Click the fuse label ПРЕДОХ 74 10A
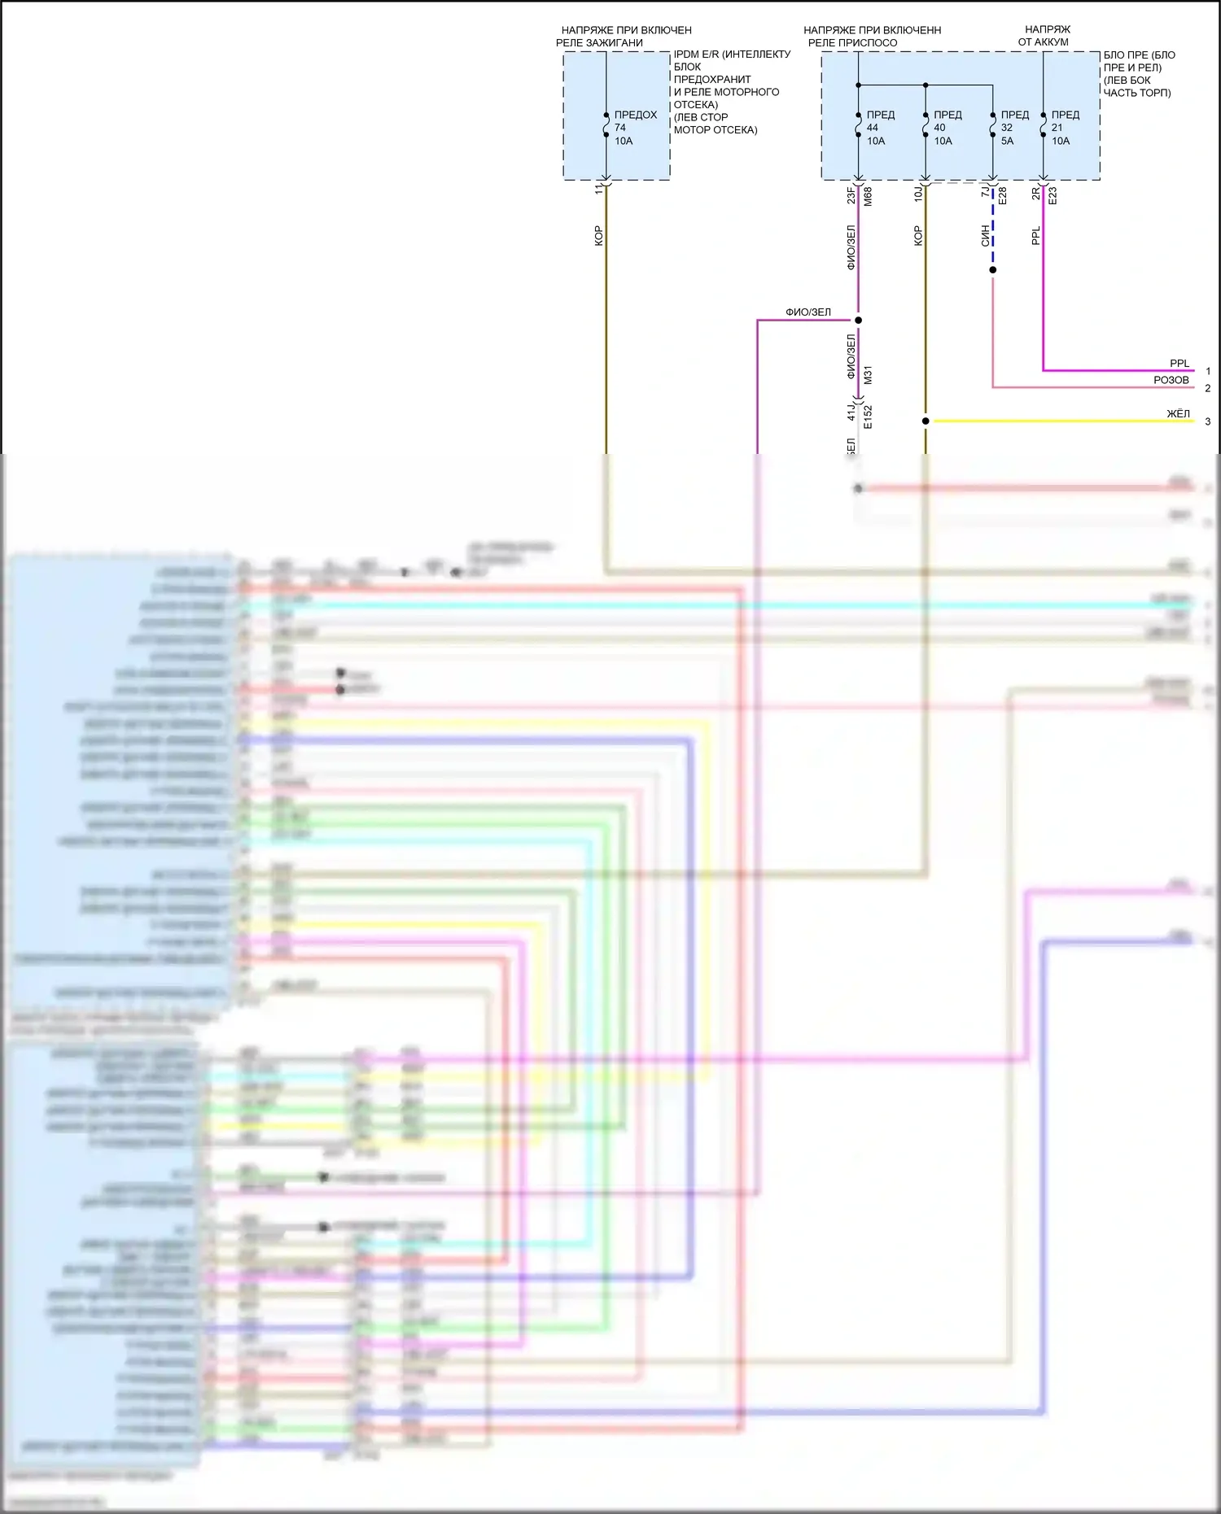click(634, 128)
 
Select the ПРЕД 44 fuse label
click(880, 128)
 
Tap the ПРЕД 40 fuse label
click(947, 128)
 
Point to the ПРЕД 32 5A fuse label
click(1014, 128)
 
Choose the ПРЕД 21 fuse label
click(1065, 128)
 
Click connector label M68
click(868, 196)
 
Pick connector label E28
click(1003, 196)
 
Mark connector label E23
click(1053, 196)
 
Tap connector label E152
click(868, 417)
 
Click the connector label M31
click(868, 375)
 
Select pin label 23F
click(851, 195)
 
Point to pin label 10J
click(918, 194)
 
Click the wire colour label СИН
click(985, 236)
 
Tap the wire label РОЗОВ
click(1171, 380)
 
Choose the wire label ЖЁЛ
click(1178, 413)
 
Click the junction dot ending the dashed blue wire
click(992, 270)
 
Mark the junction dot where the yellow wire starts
click(926, 421)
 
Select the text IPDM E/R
click(696, 55)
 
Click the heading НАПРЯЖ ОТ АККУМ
click(1045, 36)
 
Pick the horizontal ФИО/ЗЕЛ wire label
click(807, 312)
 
